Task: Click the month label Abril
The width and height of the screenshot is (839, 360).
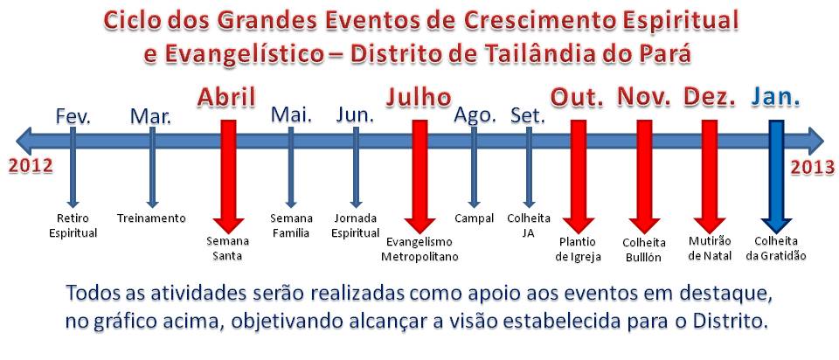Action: pos(226,98)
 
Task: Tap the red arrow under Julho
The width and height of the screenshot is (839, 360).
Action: pos(420,177)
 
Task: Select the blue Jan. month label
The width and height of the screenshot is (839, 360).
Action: pos(776,98)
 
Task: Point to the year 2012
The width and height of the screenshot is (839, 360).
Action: pos(31,166)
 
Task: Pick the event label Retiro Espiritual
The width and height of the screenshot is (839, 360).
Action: pos(73,225)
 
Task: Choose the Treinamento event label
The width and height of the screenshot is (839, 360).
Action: pos(151,218)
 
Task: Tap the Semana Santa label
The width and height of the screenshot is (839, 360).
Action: pos(228,248)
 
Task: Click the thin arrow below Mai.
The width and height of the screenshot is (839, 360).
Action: pos(291,168)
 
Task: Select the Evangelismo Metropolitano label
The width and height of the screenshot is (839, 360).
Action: pos(419,249)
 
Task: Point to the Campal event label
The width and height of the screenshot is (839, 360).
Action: pos(474,218)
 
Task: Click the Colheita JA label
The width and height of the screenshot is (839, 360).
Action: pos(529,225)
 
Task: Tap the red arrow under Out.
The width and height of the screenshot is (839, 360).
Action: pos(579,177)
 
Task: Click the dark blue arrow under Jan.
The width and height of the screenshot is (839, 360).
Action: pos(776,177)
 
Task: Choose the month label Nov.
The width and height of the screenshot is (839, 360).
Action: pos(644,98)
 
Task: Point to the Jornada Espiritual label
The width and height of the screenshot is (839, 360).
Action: pos(356,225)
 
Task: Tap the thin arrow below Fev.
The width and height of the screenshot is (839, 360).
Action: pos(73,168)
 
